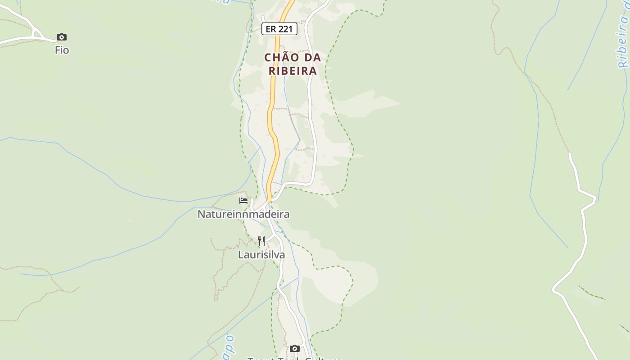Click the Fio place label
click(x=62, y=50)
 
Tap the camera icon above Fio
click(x=62, y=37)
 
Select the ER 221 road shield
click(x=279, y=29)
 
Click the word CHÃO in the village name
click(x=280, y=58)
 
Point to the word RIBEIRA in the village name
click(x=293, y=71)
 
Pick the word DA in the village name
click(x=312, y=58)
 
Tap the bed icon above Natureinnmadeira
click(x=243, y=200)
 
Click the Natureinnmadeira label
click(x=243, y=214)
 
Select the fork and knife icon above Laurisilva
click(x=261, y=241)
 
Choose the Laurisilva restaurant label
click(x=261, y=255)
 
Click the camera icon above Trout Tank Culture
click(x=295, y=348)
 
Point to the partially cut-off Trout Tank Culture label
click(x=295, y=358)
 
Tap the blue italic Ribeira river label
click(x=623, y=40)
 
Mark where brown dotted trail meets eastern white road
click(x=569, y=153)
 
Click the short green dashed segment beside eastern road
click(x=592, y=293)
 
